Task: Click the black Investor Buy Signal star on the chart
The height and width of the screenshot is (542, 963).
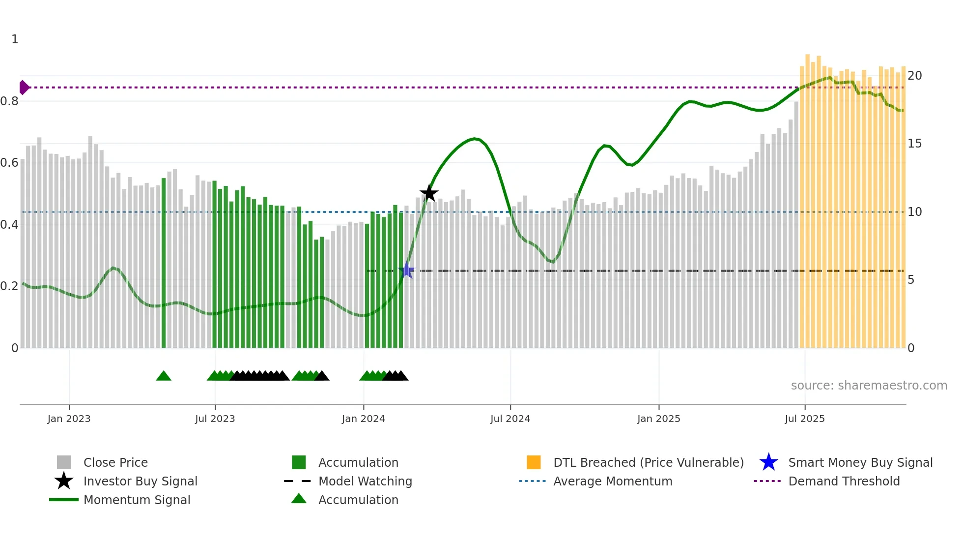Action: [429, 193]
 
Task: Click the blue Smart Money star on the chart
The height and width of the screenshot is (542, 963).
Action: [407, 271]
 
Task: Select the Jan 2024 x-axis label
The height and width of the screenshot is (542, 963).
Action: [363, 419]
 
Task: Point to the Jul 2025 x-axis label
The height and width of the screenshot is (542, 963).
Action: [804, 419]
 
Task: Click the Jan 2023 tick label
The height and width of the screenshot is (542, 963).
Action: [69, 419]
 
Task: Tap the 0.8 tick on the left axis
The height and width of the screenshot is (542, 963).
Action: [9, 101]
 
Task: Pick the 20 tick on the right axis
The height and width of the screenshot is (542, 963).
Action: [914, 76]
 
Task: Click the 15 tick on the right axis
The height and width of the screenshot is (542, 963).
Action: [914, 144]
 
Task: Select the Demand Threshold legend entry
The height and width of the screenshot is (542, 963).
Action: [844, 481]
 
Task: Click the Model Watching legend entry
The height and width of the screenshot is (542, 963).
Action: [365, 481]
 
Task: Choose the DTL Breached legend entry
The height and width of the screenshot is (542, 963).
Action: [648, 462]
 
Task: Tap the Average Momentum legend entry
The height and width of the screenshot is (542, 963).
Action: [613, 481]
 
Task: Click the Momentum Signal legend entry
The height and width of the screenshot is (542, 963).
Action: [137, 500]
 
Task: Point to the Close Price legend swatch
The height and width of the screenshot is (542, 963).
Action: [64, 462]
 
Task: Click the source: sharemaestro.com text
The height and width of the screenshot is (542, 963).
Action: [869, 386]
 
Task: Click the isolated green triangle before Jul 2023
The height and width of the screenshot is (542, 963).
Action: [164, 376]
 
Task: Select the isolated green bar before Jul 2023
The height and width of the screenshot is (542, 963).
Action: [164, 263]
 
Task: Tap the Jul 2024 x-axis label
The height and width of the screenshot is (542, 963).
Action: [510, 419]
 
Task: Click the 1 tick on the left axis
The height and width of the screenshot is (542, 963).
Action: [15, 39]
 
